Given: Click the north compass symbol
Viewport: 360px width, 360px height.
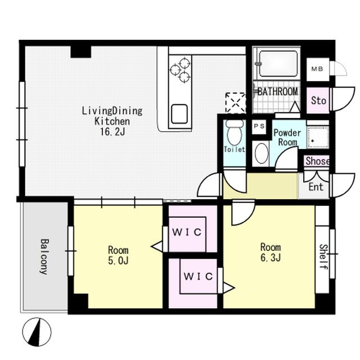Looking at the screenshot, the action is (x=37, y=332).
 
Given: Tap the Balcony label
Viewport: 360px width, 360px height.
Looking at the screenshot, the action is (x=44, y=256).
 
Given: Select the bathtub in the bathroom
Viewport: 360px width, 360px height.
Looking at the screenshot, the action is (x=278, y=64).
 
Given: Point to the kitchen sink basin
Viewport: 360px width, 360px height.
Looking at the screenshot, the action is (x=179, y=114).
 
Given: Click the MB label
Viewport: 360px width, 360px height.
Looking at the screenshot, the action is (x=317, y=69).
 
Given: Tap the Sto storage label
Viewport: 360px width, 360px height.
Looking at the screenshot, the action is (x=318, y=100).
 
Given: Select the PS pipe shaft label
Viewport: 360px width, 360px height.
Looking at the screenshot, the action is (x=259, y=126).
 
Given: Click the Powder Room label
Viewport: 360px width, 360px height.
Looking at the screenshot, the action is (x=287, y=137).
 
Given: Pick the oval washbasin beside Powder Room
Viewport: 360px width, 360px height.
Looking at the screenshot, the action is (x=262, y=154).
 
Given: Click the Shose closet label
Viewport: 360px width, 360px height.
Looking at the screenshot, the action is (x=317, y=161).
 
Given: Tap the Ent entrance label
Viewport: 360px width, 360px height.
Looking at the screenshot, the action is (x=316, y=187).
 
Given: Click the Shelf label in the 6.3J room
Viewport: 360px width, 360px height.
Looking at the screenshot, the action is (x=323, y=256).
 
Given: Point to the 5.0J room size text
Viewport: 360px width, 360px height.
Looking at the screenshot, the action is (x=118, y=260).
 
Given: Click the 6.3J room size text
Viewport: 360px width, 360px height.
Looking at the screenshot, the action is (x=271, y=258).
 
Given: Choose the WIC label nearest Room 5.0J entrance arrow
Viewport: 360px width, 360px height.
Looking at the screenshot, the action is (x=187, y=232).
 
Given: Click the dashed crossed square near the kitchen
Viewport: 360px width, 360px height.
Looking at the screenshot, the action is (x=236, y=103).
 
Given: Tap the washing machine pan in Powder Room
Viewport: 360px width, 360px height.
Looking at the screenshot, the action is (x=318, y=137).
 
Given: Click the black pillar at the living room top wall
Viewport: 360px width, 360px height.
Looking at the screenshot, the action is (x=80, y=52).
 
